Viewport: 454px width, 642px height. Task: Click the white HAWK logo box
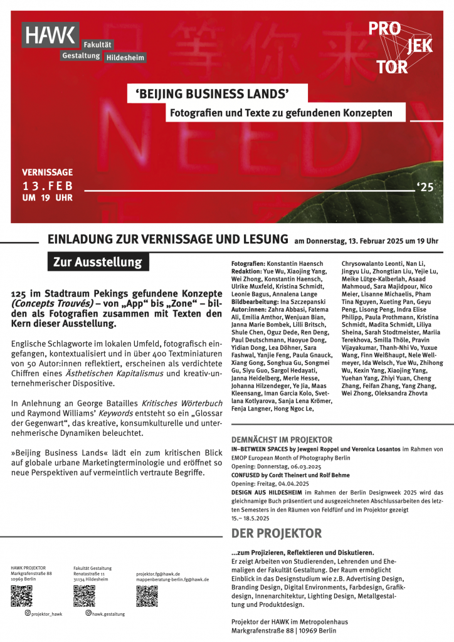(x=51, y=35)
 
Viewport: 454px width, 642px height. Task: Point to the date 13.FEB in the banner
(x=48, y=186)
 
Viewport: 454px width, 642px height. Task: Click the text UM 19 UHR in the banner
(x=47, y=198)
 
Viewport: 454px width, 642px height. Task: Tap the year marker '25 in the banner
(x=425, y=186)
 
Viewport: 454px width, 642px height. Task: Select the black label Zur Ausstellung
(x=97, y=262)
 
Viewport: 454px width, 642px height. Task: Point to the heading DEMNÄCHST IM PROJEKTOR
(x=282, y=439)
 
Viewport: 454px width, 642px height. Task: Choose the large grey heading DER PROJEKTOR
(x=277, y=534)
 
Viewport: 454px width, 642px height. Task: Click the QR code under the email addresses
(x=147, y=596)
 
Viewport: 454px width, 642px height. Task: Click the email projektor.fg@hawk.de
(x=158, y=574)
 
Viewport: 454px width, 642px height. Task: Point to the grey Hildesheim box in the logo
(x=125, y=57)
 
